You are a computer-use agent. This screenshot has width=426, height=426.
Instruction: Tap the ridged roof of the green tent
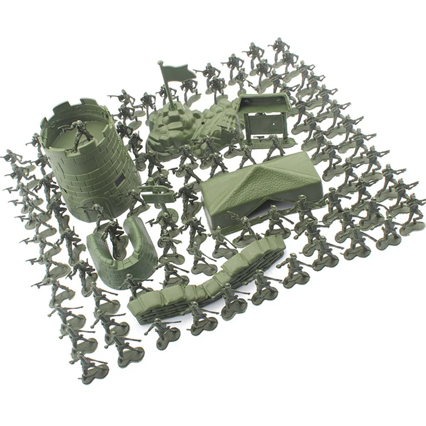tap(261, 178)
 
